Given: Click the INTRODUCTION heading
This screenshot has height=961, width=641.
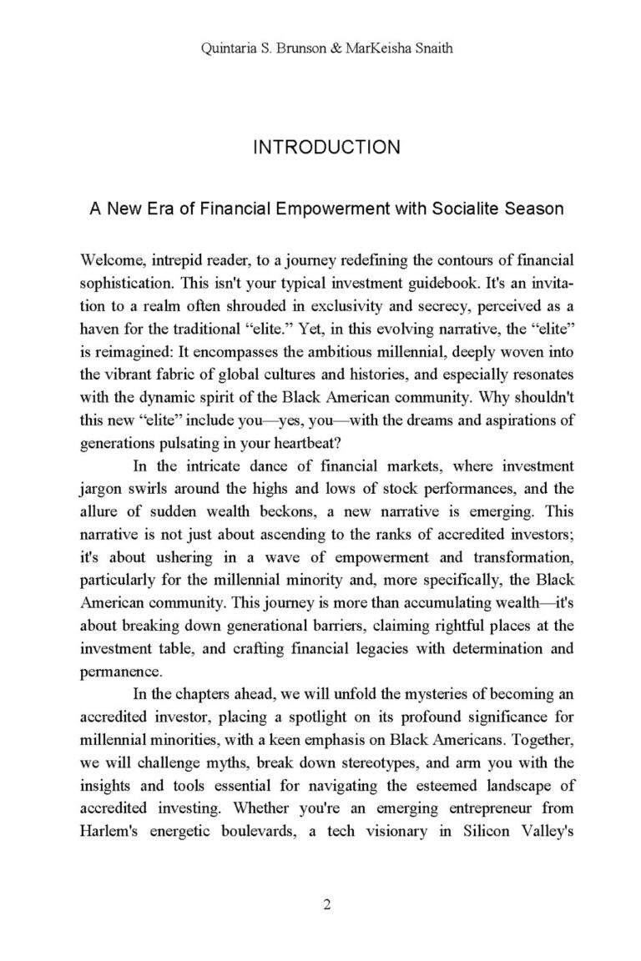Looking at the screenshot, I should pyautogui.click(x=326, y=148).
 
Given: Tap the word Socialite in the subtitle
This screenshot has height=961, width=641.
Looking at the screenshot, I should pyautogui.click(x=464, y=208).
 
